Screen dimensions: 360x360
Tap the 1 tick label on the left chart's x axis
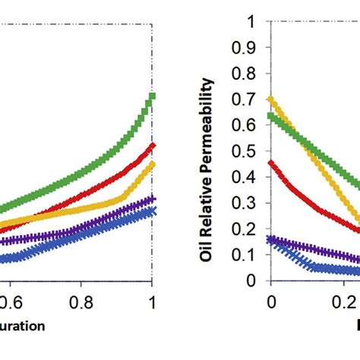click(x=153, y=301)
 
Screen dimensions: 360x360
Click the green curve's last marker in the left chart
click(x=153, y=96)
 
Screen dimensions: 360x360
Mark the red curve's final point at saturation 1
click(x=153, y=144)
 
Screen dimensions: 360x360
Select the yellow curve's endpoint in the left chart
click(x=153, y=164)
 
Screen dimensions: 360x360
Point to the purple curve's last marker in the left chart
click(x=153, y=199)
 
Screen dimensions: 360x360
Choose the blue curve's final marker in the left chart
click(x=153, y=212)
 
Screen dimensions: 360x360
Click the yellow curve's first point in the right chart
click(x=271, y=99)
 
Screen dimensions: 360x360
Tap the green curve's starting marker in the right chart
click(x=271, y=115)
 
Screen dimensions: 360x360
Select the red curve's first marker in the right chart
click(x=271, y=163)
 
